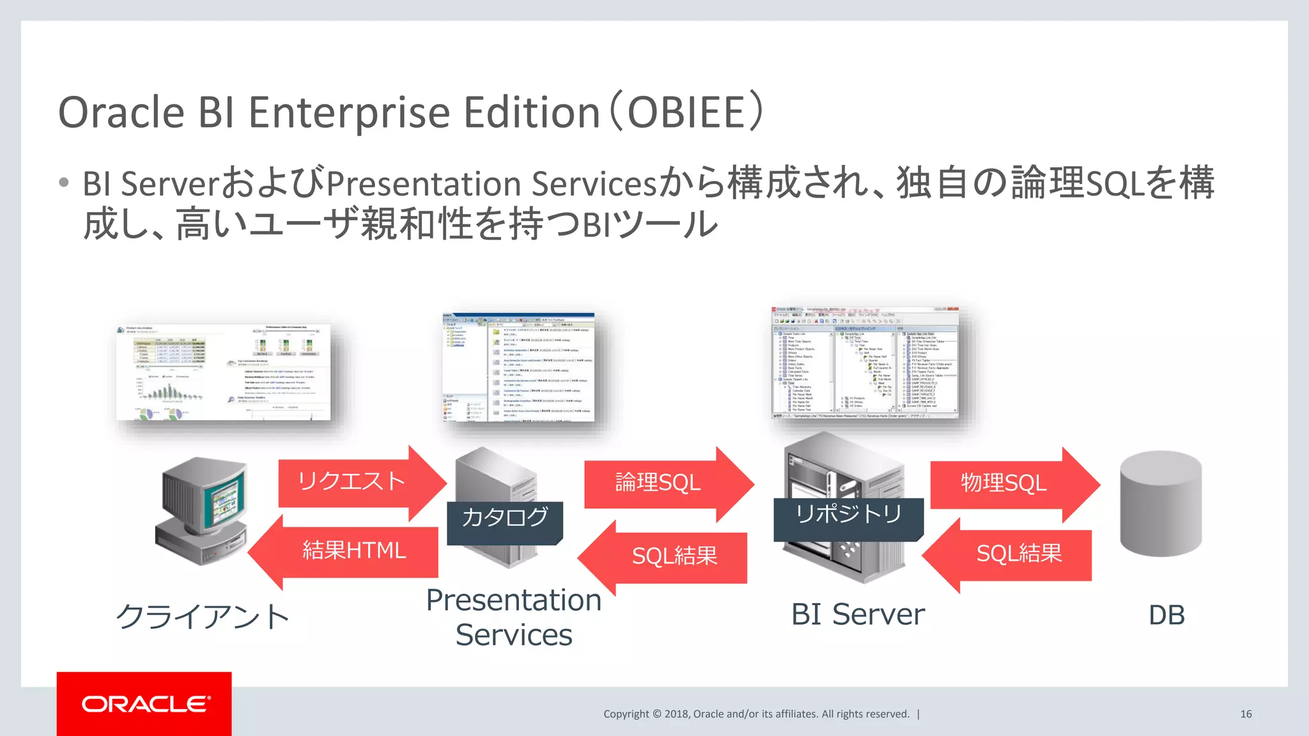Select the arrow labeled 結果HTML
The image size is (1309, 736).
pyautogui.click(x=353, y=551)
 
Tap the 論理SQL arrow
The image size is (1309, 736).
pyautogui.click(x=658, y=483)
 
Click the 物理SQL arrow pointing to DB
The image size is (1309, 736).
pyautogui.click(x=1004, y=484)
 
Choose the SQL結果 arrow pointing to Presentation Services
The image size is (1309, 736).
pyautogui.click(x=674, y=556)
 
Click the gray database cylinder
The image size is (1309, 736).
pyautogui.click(x=1160, y=505)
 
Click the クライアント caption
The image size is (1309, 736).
pyautogui.click(x=203, y=617)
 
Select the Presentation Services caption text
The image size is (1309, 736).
pyautogui.click(x=514, y=617)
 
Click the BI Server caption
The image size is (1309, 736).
pyautogui.click(x=858, y=615)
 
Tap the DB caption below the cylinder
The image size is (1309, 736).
pyautogui.click(x=1166, y=615)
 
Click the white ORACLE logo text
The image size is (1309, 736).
pyautogui.click(x=145, y=704)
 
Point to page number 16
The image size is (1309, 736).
pyautogui.click(x=1246, y=714)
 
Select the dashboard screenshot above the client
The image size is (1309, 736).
pyautogui.click(x=224, y=372)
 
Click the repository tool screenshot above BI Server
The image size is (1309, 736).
pyautogui.click(x=865, y=363)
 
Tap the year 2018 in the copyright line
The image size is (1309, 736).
pyautogui.click(x=677, y=714)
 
